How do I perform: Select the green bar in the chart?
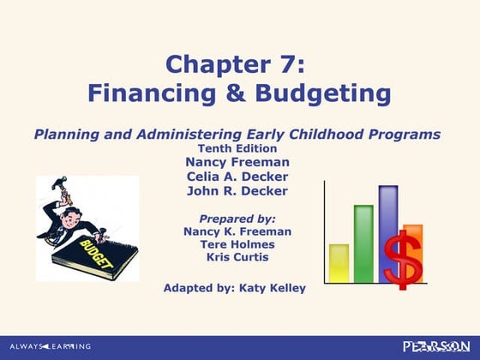click(363, 243)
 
